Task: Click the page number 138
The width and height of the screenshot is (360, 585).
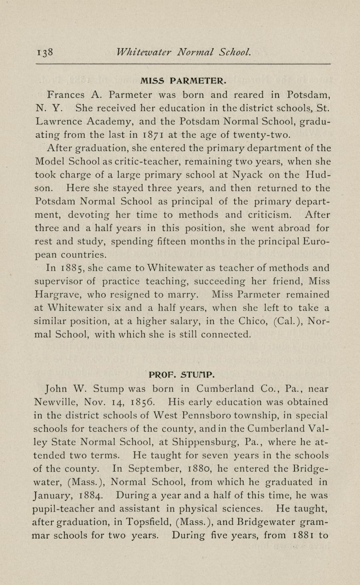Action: [45, 53]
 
